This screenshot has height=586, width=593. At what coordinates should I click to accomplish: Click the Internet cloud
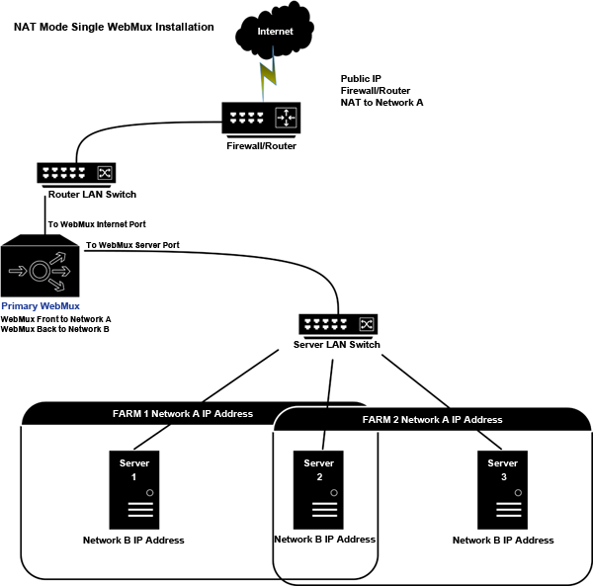tap(274, 33)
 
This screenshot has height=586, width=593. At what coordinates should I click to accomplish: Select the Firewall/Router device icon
tap(262, 120)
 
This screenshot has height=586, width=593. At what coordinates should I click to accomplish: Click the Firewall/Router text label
tap(261, 146)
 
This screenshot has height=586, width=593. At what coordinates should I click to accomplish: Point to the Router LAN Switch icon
tap(77, 174)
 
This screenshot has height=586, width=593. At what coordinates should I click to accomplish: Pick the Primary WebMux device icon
tap(42, 268)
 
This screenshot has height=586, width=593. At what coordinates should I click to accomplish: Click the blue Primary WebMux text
tap(41, 306)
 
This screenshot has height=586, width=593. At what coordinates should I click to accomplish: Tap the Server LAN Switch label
tap(337, 345)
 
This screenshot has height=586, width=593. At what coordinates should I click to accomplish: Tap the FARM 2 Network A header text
tap(432, 420)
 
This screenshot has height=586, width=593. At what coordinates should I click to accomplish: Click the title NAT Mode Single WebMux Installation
tap(114, 27)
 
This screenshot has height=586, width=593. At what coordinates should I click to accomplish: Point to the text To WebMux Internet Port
tap(97, 224)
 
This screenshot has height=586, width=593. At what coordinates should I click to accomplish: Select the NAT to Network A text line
tap(382, 102)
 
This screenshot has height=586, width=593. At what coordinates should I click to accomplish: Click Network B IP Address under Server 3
tap(503, 541)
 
